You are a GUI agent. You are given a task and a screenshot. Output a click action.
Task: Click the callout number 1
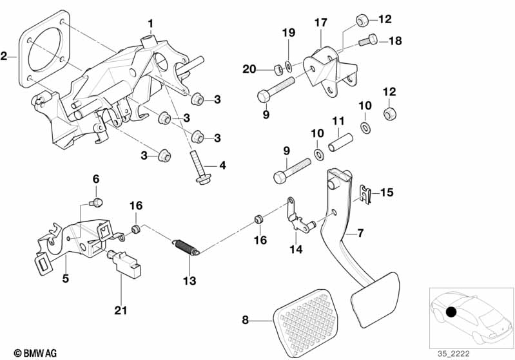click(150, 24)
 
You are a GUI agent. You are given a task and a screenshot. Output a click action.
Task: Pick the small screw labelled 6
click(96, 203)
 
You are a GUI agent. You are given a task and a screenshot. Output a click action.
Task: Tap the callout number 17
click(321, 23)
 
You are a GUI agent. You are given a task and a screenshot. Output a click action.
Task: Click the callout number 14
click(296, 249)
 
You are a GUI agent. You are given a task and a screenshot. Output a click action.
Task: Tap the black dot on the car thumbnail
click(451, 313)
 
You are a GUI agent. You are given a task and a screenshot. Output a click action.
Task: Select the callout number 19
click(289, 32)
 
